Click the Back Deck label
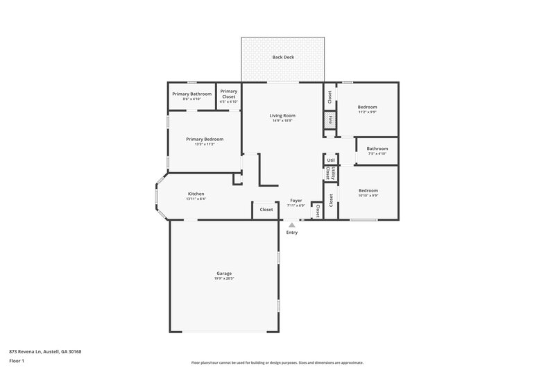[x=283, y=57]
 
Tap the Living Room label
[x=282, y=115]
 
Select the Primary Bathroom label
[x=191, y=94]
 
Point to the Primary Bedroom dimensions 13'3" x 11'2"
[x=204, y=144]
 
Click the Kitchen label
[x=196, y=194]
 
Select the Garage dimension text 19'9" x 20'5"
[x=223, y=278]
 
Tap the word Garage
[x=223, y=274]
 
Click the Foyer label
[x=296, y=201]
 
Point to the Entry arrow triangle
[x=292, y=224]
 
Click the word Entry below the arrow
[x=292, y=232]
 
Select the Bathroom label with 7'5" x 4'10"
[x=377, y=149]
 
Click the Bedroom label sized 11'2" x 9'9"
[x=367, y=107]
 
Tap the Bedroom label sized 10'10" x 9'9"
[x=368, y=190]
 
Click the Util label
[x=331, y=160]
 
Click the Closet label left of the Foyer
[x=266, y=209]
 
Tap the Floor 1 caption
[x=16, y=362]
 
